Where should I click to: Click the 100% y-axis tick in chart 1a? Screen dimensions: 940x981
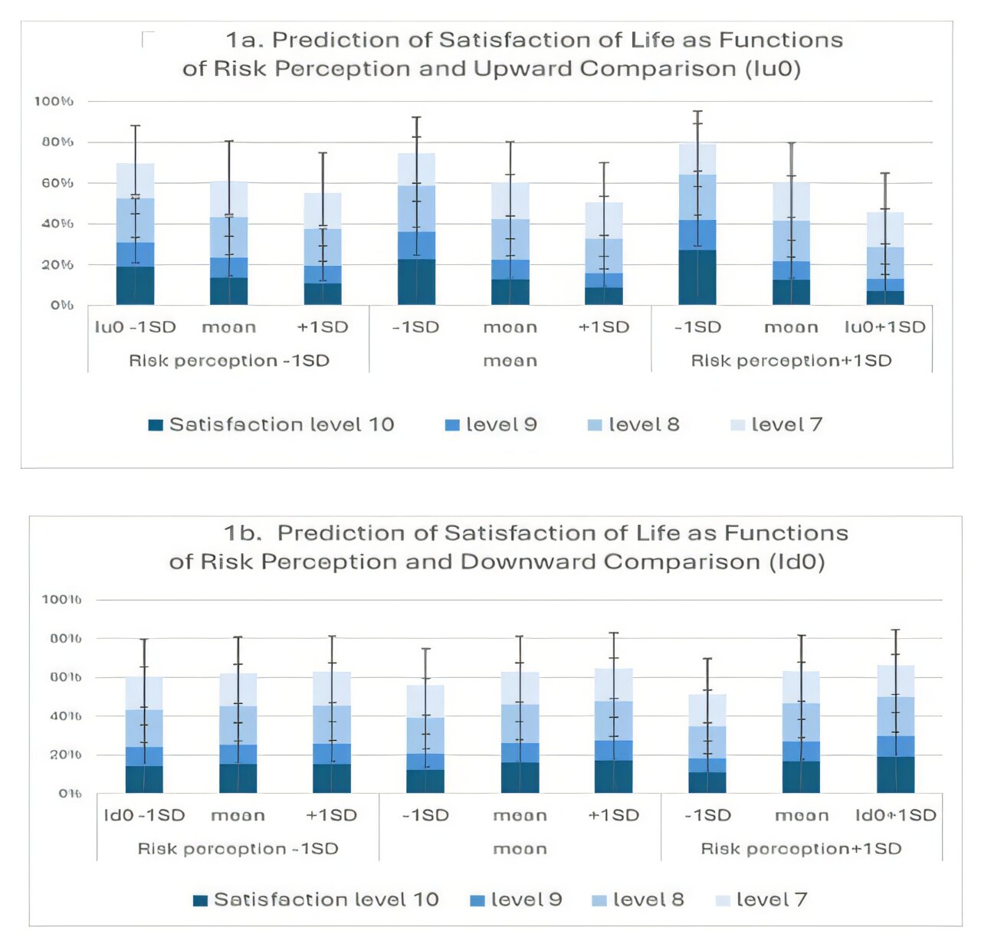53,101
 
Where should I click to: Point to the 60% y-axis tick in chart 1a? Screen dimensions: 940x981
53,183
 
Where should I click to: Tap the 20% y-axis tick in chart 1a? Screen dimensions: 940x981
53,265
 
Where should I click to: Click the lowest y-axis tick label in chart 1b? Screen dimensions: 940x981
69,794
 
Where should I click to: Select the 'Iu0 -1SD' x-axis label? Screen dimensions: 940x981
135,327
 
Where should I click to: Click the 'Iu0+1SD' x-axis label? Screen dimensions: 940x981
884,327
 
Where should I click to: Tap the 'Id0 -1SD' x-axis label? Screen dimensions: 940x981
144,815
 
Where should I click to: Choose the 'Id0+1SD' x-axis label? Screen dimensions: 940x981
895,815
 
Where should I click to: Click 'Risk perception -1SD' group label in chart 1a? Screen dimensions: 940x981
228,361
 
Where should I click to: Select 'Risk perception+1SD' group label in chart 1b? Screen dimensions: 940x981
801,849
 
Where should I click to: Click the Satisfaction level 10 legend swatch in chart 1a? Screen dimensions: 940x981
156,425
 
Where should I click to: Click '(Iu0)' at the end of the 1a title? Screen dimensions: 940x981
773,69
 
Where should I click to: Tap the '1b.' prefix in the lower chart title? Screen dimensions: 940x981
242,533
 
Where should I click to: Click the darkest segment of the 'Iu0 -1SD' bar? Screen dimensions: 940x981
135,286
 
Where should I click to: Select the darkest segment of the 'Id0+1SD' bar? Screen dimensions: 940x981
895,775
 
